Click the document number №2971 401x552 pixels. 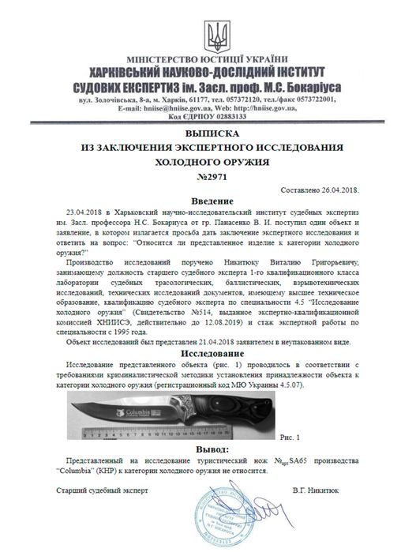(x=200, y=175)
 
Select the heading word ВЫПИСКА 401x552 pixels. (x=200, y=134)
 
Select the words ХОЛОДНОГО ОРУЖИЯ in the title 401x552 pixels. (x=200, y=160)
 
